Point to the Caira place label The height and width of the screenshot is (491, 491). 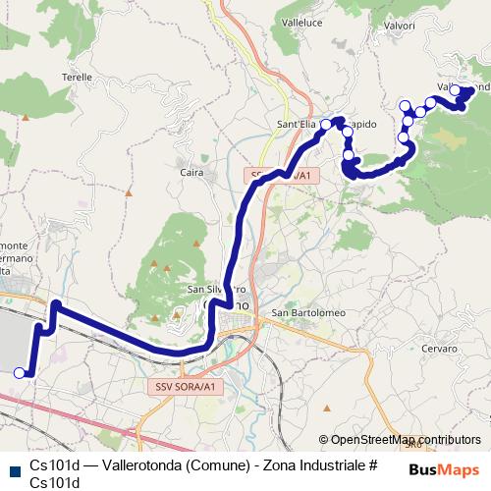[x=192, y=174]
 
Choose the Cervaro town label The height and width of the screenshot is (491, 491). [x=439, y=349]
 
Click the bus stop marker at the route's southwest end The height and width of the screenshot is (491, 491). [x=20, y=372]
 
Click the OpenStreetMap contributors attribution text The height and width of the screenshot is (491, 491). [x=406, y=440]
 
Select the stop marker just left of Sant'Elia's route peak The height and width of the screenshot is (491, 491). [x=326, y=125]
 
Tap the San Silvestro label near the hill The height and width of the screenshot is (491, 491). [x=215, y=290]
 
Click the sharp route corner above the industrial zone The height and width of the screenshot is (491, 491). [x=56, y=305]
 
